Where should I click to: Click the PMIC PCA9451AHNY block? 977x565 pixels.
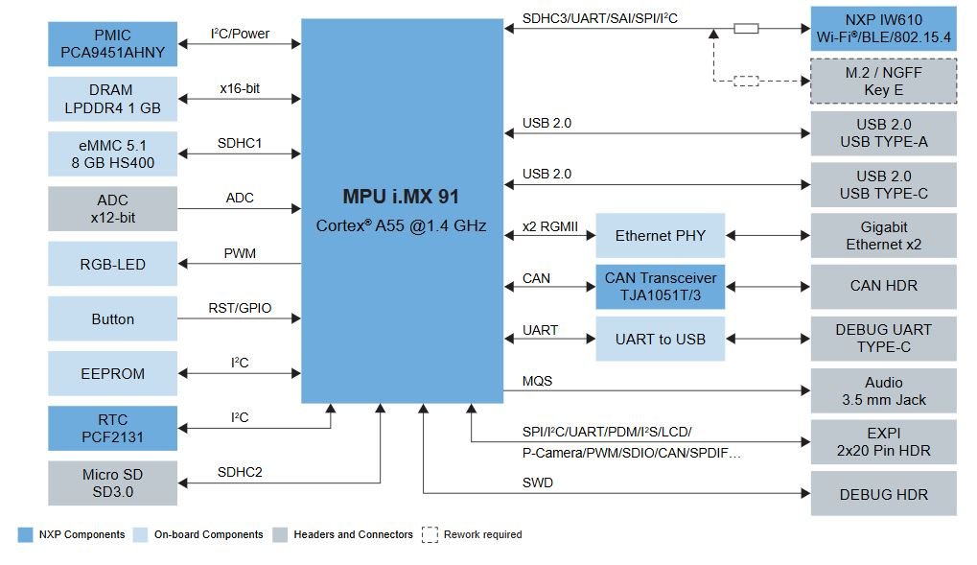point(112,43)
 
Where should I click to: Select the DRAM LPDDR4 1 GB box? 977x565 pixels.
point(112,100)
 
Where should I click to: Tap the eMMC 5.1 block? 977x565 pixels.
point(112,153)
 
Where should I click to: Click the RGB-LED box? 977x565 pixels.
point(112,264)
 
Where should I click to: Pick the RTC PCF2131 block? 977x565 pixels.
point(112,429)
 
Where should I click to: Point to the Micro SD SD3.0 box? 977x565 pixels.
point(112,483)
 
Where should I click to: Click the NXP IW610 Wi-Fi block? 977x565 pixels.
point(883,29)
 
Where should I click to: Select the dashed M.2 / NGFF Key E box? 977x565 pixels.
point(883,82)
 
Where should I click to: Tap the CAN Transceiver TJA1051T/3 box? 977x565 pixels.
point(660,287)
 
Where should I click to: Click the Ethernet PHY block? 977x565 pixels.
point(660,235)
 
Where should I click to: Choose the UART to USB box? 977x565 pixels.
point(660,339)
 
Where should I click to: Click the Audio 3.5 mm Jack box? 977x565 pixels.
point(883,390)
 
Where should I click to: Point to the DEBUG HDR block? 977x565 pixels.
point(883,494)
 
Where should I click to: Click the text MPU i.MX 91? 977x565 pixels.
point(401,197)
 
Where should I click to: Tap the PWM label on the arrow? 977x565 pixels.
point(239,254)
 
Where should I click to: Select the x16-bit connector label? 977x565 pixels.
point(239,89)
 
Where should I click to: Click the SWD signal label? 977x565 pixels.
point(537,483)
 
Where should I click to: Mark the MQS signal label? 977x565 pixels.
point(537,381)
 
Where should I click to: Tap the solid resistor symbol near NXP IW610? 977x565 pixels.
point(747,29)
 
